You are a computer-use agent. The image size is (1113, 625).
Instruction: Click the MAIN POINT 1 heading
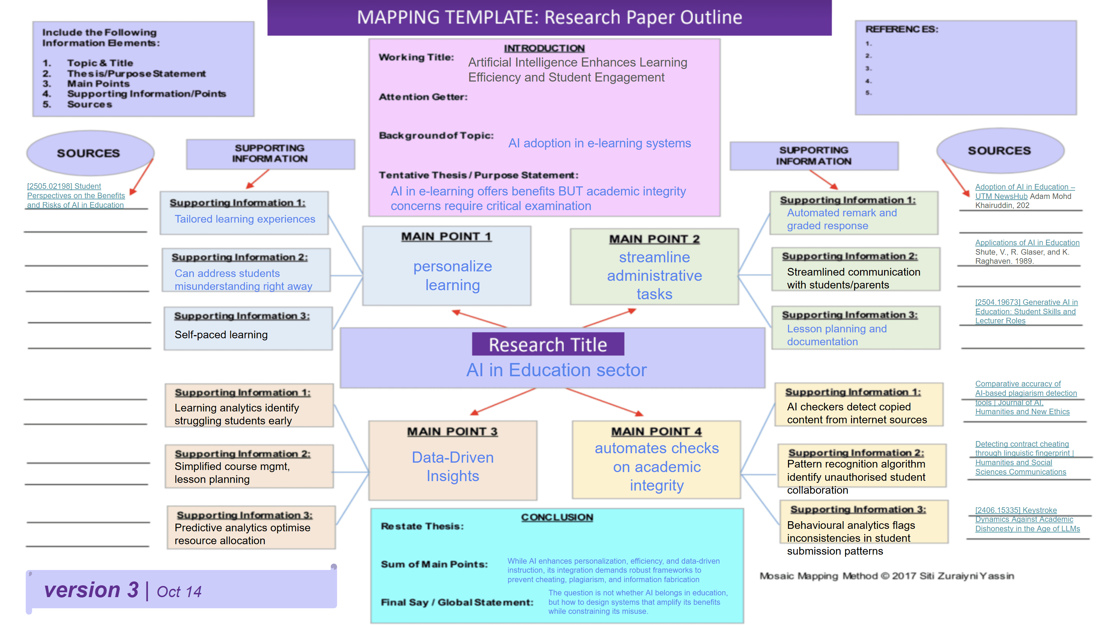coord(446,237)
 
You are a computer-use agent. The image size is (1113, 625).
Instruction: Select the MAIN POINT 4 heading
coord(656,431)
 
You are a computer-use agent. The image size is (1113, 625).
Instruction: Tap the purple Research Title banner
coord(548,344)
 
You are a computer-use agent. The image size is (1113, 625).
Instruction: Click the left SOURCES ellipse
coord(89,153)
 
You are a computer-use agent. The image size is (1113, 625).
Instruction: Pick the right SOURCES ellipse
coord(999,151)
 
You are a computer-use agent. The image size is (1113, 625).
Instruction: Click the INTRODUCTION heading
coord(544,48)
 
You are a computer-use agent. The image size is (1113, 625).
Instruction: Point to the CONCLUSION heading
coord(557,517)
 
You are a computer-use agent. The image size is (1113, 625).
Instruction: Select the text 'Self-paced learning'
coord(221,335)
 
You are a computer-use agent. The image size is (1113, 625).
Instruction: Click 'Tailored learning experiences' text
coord(245,219)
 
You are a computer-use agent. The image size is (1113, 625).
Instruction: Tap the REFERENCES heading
coord(902,29)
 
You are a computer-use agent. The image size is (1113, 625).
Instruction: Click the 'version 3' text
coord(91,589)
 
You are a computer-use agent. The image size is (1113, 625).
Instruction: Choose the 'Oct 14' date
coord(179,592)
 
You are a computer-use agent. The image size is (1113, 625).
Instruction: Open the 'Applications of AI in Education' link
coord(1027,242)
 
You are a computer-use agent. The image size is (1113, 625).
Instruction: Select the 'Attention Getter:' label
coord(423,97)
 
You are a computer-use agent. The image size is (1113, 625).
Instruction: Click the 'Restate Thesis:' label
coord(422,526)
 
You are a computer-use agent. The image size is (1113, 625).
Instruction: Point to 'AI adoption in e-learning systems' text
coord(599,143)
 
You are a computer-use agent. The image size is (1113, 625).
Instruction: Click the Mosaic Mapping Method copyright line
coord(887,576)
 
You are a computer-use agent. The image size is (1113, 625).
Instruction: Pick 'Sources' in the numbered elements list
coord(89,104)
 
